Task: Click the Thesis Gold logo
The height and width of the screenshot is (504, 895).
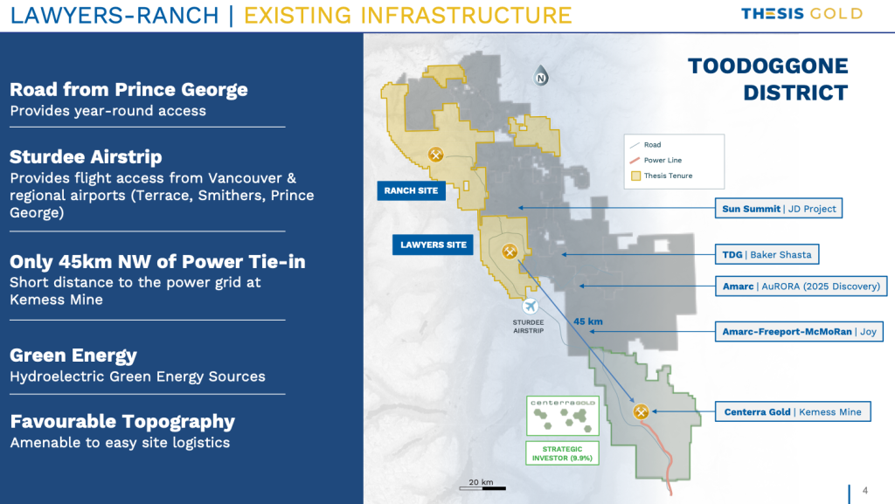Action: click(801, 14)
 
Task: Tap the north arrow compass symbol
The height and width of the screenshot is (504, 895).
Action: click(540, 76)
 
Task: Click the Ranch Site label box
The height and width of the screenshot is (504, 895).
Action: click(411, 191)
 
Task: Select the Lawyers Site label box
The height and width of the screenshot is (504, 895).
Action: click(433, 245)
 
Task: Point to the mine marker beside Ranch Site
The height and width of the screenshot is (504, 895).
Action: click(436, 154)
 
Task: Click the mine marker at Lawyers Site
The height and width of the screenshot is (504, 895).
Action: click(510, 252)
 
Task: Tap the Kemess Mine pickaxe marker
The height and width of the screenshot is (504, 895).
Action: click(641, 411)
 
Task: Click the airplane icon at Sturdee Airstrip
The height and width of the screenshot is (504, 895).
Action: click(531, 307)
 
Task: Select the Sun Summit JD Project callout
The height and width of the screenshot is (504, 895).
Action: click(779, 209)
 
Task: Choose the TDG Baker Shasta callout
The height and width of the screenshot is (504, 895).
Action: click(767, 255)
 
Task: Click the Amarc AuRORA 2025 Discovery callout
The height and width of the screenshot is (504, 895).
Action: click(801, 287)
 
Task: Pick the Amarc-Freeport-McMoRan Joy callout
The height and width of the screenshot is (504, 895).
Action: click(799, 332)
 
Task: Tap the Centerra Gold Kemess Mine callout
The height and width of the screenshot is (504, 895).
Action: click(793, 411)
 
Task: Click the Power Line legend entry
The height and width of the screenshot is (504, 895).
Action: click(656, 160)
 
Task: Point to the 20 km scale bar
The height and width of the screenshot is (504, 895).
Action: click(482, 488)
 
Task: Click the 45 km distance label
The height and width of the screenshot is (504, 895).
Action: click(588, 321)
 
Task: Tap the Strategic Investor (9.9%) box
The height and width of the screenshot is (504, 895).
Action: click(562, 453)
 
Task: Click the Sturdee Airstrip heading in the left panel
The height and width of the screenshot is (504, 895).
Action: click(86, 156)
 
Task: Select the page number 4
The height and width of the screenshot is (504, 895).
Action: click(865, 490)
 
